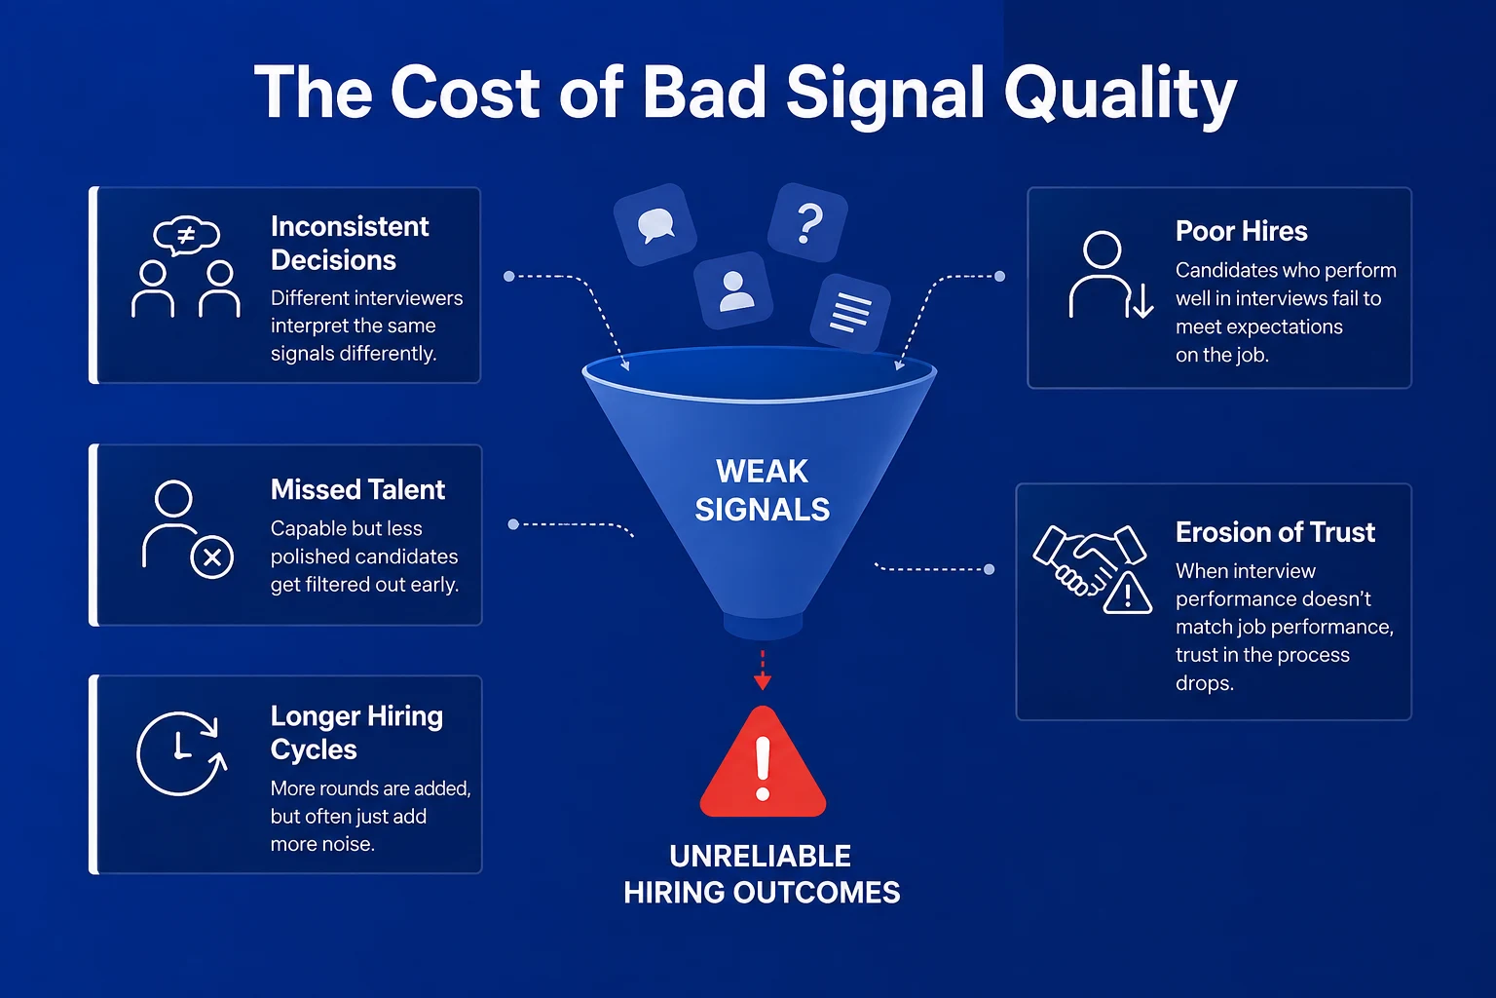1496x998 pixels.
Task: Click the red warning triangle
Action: click(763, 763)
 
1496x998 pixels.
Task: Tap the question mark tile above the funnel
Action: click(807, 222)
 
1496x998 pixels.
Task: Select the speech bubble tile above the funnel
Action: click(655, 224)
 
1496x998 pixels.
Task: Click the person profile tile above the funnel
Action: click(733, 290)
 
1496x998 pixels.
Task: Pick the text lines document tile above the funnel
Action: click(850, 312)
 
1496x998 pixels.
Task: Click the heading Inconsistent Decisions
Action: click(350, 244)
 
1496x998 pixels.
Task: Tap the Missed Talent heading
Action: click(357, 489)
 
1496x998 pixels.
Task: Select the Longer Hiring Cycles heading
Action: click(356, 733)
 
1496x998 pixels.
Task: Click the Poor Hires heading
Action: click(1241, 231)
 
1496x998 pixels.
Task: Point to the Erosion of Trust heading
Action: click(1275, 532)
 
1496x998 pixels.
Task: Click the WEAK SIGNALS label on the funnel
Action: click(762, 490)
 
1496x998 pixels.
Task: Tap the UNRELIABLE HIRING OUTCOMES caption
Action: click(762, 874)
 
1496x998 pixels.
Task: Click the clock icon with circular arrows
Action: click(181, 753)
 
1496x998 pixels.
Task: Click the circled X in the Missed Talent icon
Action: click(211, 557)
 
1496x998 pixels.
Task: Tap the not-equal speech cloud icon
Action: click(186, 235)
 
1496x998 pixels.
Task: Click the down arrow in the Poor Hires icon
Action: click(1142, 300)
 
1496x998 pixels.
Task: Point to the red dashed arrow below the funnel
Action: click(762, 671)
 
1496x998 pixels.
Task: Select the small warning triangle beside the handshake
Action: click(1127, 593)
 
